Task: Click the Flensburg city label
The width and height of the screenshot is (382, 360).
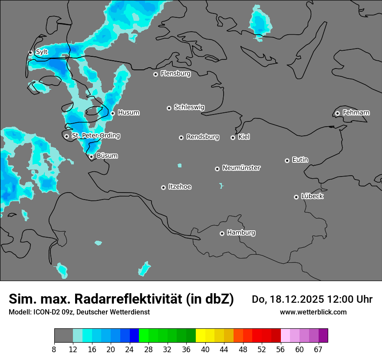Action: click(x=175, y=74)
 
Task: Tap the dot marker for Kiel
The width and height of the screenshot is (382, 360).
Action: click(x=233, y=137)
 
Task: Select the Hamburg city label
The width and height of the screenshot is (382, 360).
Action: click(x=241, y=233)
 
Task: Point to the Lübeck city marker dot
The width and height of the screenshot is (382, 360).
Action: click(x=296, y=197)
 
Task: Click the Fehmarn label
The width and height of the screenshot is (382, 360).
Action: click(x=356, y=113)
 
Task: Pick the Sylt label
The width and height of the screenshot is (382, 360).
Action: click(x=42, y=52)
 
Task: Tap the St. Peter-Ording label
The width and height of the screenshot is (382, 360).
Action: click(x=95, y=136)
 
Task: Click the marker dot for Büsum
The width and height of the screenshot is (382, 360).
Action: click(x=91, y=157)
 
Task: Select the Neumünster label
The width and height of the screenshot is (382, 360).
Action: click(x=241, y=168)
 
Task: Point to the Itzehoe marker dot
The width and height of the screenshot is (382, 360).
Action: click(x=163, y=187)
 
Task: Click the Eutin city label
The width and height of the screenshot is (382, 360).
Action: click(x=300, y=160)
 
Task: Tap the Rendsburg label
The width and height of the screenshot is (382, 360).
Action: click(x=203, y=137)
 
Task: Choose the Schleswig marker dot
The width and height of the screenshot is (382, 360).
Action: click(x=169, y=108)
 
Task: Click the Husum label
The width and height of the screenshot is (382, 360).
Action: click(x=128, y=113)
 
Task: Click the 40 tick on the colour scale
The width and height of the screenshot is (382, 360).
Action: click(x=205, y=350)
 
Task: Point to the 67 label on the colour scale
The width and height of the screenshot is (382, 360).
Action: click(x=318, y=350)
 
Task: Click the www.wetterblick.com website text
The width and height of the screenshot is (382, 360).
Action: click(x=313, y=312)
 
